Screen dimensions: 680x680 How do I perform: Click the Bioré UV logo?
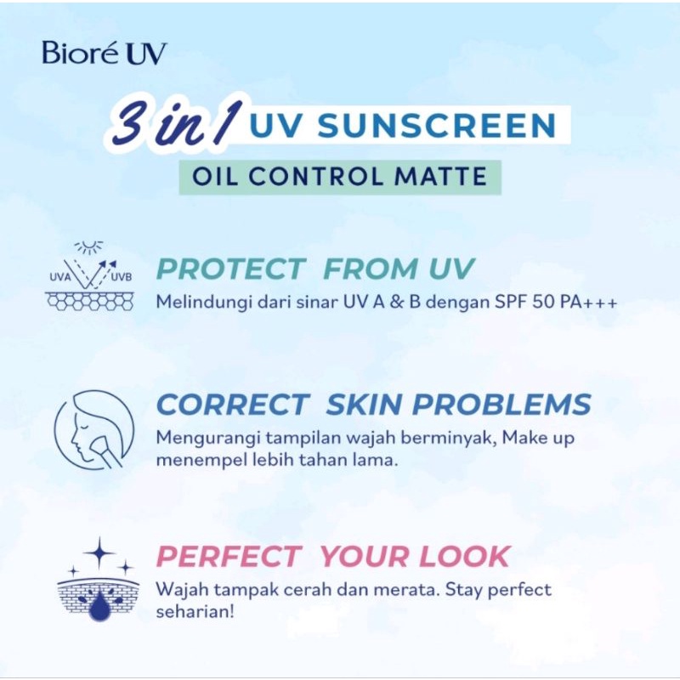[x=105, y=53]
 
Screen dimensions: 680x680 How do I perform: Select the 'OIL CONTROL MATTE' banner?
[x=339, y=177]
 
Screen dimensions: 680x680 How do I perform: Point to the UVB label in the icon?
[x=122, y=276]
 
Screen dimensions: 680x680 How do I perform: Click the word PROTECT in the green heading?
[x=231, y=269]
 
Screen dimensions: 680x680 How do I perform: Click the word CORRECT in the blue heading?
[x=232, y=405]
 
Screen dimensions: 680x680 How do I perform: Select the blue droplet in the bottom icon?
[x=99, y=605]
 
